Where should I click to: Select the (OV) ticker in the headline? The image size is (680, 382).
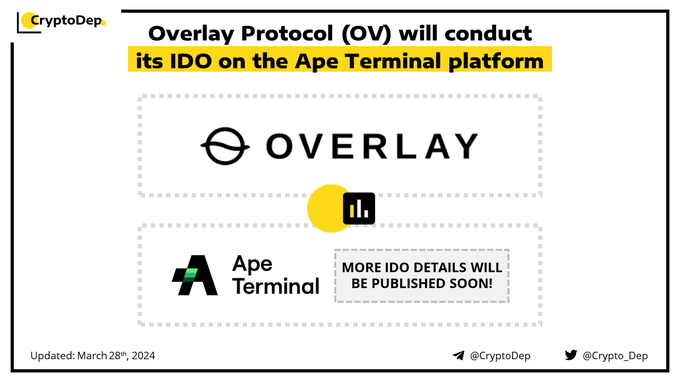(x=367, y=33)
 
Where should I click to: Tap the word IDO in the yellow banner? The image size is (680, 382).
(x=190, y=61)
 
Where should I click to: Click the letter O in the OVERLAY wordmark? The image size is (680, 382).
(x=279, y=146)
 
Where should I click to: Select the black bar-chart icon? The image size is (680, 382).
(x=359, y=209)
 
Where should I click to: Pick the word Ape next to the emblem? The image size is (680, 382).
(x=252, y=264)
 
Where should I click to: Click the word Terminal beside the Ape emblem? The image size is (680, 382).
(x=276, y=285)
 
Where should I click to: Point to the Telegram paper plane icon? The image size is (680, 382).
(x=458, y=355)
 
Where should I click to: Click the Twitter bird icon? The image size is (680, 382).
(x=571, y=355)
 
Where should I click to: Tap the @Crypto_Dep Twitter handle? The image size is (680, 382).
(x=615, y=355)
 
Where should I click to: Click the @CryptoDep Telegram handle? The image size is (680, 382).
(x=500, y=355)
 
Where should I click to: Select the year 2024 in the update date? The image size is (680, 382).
(x=143, y=355)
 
